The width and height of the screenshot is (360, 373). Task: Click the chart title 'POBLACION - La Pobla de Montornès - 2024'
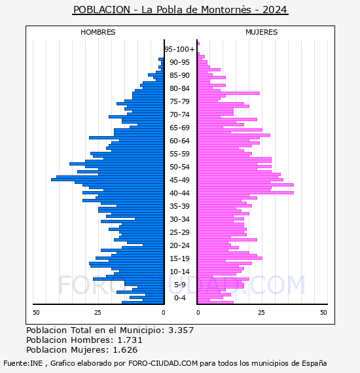tap(180, 10)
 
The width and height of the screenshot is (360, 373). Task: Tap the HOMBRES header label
tap(98, 32)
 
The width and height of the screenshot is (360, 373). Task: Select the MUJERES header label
tap(262, 32)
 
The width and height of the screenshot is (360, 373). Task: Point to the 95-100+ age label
tap(179, 49)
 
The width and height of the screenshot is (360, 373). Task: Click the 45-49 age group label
tap(179, 180)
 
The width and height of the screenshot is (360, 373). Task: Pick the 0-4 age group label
tap(179, 298)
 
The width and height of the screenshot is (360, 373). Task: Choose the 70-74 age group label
tap(179, 115)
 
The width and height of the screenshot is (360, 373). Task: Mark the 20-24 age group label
tap(179, 245)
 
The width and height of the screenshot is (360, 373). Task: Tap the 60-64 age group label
tap(179, 141)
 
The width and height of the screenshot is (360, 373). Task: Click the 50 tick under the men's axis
tap(36, 312)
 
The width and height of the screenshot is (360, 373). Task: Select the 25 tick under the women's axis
tap(261, 312)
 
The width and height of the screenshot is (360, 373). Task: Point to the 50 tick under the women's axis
tap(323, 312)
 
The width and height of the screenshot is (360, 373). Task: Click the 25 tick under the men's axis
tap(98, 312)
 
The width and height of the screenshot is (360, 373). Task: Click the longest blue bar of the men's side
tap(107, 179)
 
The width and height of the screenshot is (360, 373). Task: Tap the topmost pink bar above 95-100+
tap(198, 44)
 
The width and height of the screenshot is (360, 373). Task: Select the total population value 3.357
tap(181, 330)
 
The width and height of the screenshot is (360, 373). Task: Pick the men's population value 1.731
tap(130, 340)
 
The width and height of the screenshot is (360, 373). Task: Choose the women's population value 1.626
tap(125, 349)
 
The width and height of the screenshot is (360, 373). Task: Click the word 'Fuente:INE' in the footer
tap(23, 363)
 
